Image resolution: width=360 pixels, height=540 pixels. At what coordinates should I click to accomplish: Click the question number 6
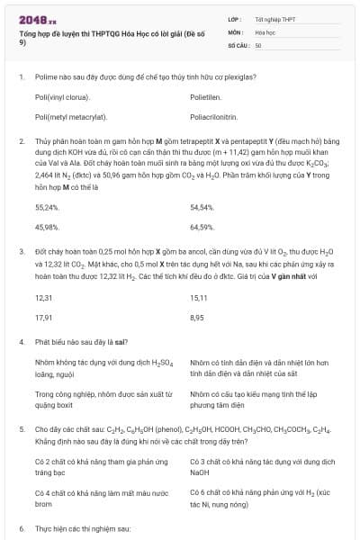pyautogui.click(x=22, y=527)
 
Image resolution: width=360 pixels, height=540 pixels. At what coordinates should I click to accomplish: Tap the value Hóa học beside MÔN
pyautogui.click(x=265, y=31)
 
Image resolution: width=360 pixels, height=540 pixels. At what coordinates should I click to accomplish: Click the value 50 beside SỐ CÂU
pyautogui.click(x=258, y=44)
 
